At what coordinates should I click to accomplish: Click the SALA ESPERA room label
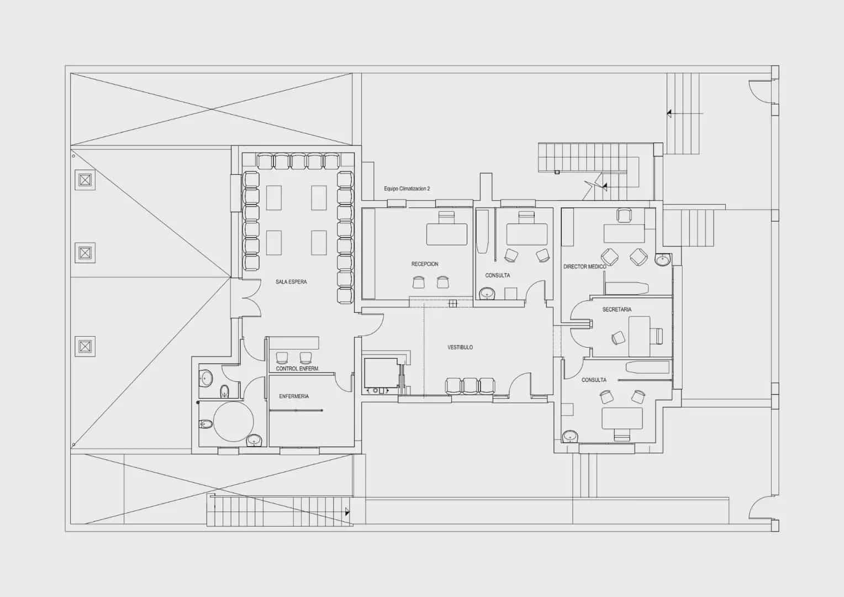(x=291, y=282)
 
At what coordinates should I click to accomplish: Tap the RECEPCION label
(x=425, y=264)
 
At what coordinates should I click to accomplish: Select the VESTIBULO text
(x=460, y=347)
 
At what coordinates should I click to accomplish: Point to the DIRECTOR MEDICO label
(x=585, y=266)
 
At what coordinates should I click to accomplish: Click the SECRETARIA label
(x=617, y=309)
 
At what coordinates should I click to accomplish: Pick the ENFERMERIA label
(x=294, y=396)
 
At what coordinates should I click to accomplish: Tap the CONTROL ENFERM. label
(x=297, y=369)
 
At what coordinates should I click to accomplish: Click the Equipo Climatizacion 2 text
(x=407, y=188)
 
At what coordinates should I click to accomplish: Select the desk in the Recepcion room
(x=447, y=234)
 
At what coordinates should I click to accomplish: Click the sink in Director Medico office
(x=663, y=259)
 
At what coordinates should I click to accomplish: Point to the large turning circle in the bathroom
(x=234, y=421)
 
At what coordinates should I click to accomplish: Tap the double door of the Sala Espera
(x=251, y=298)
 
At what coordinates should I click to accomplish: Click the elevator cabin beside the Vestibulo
(x=381, y=373)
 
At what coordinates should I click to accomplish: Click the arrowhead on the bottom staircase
(x=347, y=512)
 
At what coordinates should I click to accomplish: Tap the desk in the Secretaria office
(x=640, y=336)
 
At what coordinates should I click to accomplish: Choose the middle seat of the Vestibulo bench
(x=470, y=386)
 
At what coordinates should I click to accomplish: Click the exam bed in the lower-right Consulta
(x=648, y=368)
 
